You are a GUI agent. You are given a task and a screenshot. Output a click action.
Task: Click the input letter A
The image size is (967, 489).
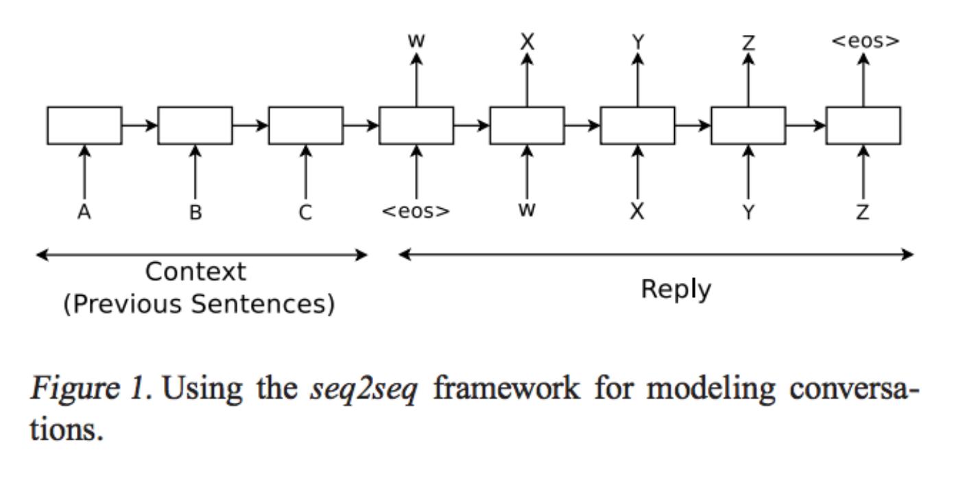pos(84,213)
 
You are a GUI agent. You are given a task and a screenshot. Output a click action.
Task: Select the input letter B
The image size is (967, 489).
pos(195,213)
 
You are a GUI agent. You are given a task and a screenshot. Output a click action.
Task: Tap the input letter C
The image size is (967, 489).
pos(306,213)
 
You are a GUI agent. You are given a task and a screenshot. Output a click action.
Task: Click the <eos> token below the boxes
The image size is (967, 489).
pos(416,212)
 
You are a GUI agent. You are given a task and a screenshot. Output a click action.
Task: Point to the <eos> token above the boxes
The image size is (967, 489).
pos(865,41)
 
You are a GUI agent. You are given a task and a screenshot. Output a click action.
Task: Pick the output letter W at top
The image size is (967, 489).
pos(416,41)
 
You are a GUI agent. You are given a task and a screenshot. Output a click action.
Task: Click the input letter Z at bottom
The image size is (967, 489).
pos(863,213)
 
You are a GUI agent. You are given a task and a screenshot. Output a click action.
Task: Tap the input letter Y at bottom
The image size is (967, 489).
pos(748,213)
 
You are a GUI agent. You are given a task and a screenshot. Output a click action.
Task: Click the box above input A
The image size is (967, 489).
pos(84,125)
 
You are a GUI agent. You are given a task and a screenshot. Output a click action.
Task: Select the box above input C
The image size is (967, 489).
pos(306,125)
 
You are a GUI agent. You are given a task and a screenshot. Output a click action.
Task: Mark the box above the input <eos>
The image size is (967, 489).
pos(416,125)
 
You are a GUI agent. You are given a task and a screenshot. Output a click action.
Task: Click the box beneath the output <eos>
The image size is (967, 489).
pos(863,125)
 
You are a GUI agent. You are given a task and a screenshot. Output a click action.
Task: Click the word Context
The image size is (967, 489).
pos(195,273)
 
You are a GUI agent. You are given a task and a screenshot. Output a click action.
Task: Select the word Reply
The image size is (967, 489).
pos(676,290)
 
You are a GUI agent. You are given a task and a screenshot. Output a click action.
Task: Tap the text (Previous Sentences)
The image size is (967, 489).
pos(199,304)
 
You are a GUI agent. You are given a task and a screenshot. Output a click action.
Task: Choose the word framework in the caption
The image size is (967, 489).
pos(507,388)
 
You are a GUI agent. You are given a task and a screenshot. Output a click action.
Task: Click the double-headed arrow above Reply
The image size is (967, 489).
pos(656,255)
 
